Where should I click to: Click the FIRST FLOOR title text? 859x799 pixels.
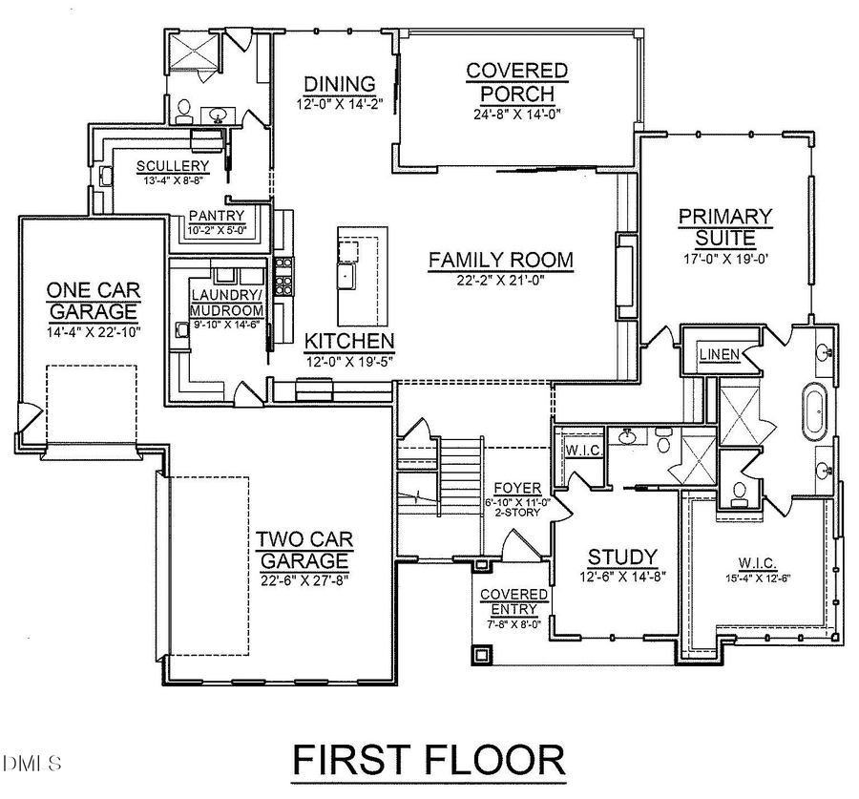[x=429, y=760]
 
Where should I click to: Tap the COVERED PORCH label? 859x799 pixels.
[x=516, y=82]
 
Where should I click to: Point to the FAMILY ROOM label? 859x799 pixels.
[x=500, y=260]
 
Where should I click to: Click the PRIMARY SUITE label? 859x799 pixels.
[x=724, y=226]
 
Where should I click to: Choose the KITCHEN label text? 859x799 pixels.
[x=348, y=342]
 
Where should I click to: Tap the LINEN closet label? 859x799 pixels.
[x=720, y=355]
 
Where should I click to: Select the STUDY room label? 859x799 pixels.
[x=621, y=557]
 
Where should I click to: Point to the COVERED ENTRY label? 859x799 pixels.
[x=513, y=601]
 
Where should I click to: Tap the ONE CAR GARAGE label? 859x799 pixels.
[x=93, y=300]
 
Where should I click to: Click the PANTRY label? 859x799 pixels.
[x=217, y=216]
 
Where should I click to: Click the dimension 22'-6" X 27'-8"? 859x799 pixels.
[x=302, y=579]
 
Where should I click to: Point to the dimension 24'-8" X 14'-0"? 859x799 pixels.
[x=516, y=114]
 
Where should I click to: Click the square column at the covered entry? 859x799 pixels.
[x=480, y=655]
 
